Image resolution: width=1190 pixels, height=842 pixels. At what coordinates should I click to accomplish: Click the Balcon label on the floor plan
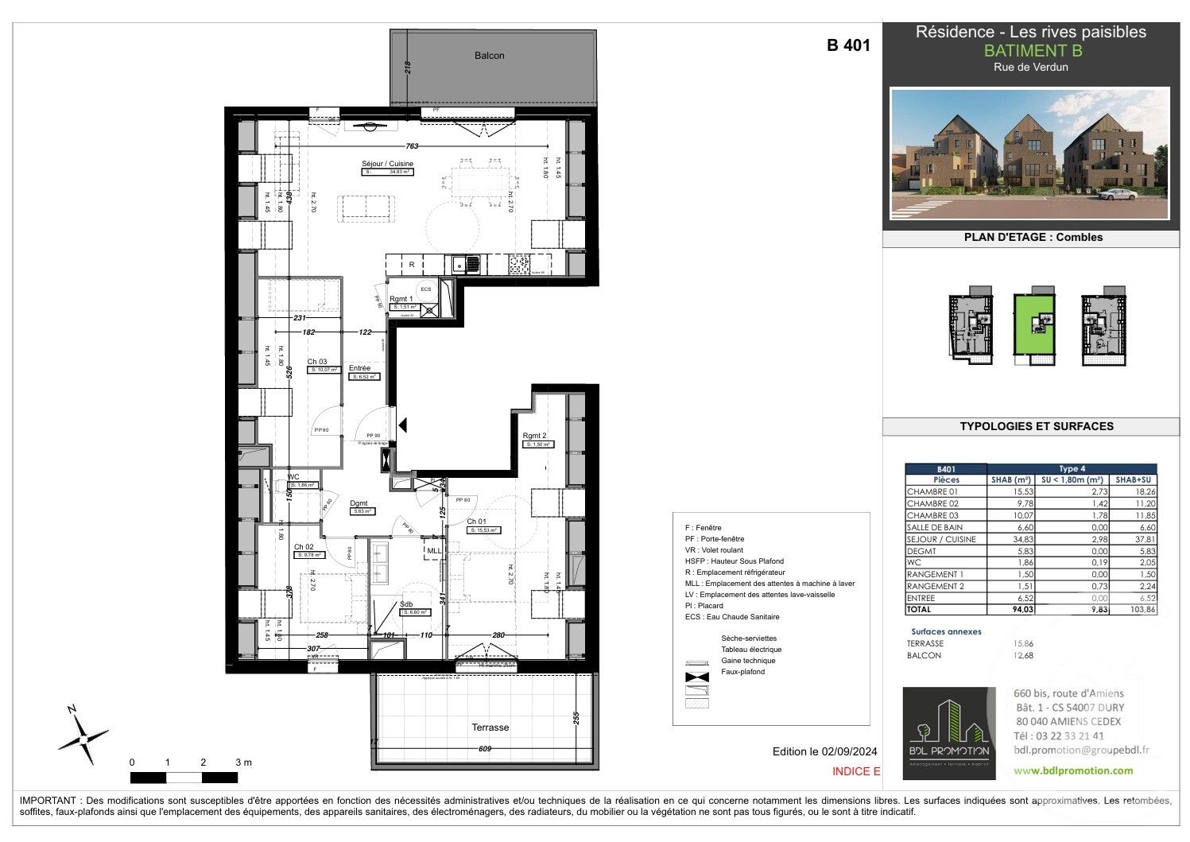489,56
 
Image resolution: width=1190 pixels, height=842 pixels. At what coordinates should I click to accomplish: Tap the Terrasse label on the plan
490,728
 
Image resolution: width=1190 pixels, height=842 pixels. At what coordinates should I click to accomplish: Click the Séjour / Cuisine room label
387,164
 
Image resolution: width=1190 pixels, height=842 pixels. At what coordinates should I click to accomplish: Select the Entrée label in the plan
359,368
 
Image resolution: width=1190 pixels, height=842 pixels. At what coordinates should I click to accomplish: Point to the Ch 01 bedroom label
476,522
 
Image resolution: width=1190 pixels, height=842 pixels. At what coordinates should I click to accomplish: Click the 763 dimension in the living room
413,146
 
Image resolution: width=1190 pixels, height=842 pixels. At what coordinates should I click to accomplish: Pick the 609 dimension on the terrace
485,749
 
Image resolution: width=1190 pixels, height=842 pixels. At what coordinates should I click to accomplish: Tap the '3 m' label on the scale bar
243,762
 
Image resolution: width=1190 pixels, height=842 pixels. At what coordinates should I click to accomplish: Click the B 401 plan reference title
848,45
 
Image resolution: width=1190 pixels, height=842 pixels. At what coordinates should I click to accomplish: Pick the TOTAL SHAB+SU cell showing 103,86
1135,610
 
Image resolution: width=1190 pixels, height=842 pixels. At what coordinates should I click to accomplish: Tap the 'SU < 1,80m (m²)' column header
1072,480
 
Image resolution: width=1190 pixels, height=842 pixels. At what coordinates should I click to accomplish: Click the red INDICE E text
856,771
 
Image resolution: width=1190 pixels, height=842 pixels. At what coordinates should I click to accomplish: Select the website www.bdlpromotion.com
1073,770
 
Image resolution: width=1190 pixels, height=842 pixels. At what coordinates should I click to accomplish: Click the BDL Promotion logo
948,733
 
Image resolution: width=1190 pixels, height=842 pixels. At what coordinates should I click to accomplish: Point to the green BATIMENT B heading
1033,50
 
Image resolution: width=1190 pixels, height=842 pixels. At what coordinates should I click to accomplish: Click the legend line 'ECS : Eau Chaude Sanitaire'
731,617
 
